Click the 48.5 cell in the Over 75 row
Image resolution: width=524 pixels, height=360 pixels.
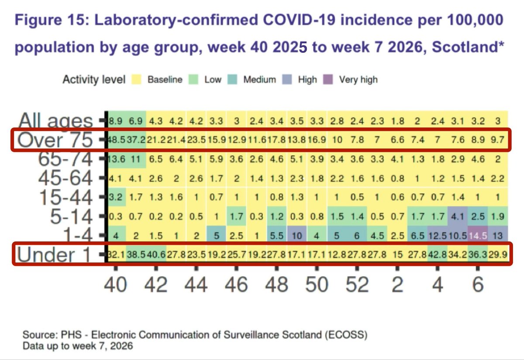116,141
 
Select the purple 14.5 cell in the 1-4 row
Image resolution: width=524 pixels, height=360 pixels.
478,236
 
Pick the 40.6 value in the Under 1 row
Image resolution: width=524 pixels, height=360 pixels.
156,255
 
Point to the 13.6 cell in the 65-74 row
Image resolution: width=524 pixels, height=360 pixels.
116,160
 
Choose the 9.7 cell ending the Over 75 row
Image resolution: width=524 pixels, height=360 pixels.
498,141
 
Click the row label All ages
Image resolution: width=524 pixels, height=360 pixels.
56,121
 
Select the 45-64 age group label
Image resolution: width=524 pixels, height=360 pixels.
65,178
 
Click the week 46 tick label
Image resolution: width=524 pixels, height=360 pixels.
236,285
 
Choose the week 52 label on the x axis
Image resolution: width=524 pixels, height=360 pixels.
357,285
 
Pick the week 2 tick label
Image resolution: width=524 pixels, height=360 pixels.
397,285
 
